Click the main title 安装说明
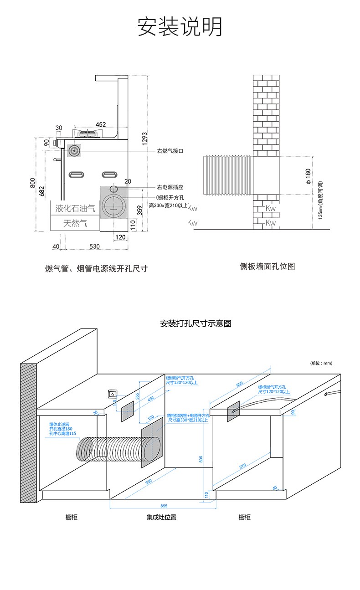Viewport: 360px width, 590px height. click(180, 27)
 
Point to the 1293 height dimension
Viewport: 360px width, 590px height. click(144, 139)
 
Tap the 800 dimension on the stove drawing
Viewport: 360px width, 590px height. click(32, 183)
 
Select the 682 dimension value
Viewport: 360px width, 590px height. click(42, 191)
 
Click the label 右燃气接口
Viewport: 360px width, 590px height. click(170, 151)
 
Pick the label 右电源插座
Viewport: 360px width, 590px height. click(170, 187)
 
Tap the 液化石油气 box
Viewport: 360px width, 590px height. click(76, 209)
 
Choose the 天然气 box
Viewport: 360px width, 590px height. click(75, 223)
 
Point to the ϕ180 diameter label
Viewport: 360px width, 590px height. click(308, 176)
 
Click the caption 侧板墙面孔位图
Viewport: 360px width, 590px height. click(267, 266)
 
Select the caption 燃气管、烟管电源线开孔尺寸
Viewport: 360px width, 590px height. click(97, 269)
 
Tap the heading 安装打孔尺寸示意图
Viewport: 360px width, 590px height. click(196, 324)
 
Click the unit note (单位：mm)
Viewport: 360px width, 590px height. click(321, 363)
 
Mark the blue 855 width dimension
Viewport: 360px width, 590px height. click(164, 506)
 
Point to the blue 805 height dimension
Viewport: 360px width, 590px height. click(201, 459)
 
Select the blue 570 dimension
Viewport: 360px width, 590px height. click(242, 466)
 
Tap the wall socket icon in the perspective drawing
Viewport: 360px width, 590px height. click(112, 393)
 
